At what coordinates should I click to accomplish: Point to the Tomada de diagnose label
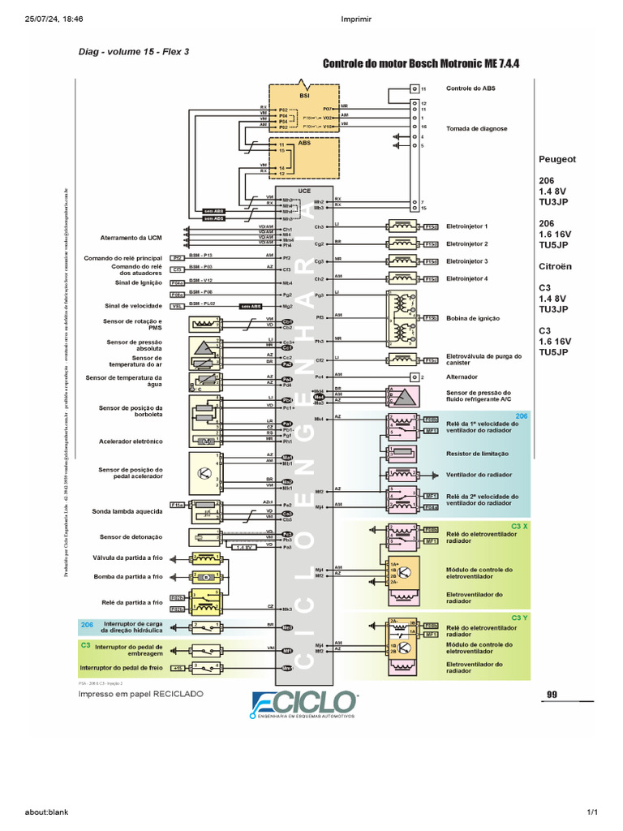476,128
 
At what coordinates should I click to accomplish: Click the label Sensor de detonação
131,536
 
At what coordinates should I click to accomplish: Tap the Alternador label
462,377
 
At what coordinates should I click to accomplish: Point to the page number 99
552,694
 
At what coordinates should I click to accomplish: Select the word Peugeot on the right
557,159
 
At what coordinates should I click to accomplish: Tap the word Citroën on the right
556,265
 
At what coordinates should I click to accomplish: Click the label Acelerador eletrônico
131,441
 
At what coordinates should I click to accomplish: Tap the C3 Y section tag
519,618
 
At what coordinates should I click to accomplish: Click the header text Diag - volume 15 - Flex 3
134,50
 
